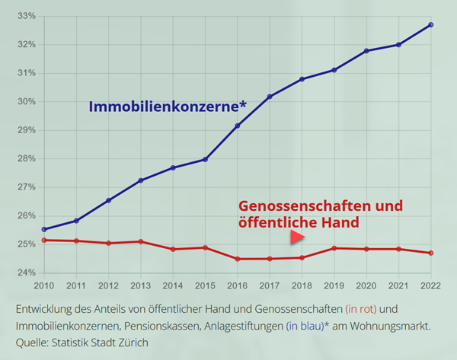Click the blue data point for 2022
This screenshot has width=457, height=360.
pyautogui.click(x=431, y=25)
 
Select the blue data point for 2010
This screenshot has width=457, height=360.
pyautogui.click(x=44, y=229)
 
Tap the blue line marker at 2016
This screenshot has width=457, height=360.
pyautogui.click(x=238, y=126)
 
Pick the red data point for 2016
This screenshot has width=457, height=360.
pyautogui.click(x=238, y=259)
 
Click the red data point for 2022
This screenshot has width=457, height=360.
pyautogui.click(x=431, y=253)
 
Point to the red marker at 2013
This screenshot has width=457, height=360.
pyautogui.click(x=141, y=242)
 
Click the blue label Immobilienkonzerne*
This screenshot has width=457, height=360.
pyautogui.click(x=168, y=107)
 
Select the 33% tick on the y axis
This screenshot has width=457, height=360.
pyautogui.click(x=27, y=16)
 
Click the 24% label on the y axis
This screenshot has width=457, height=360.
pyautogui.click(x=27, y=272)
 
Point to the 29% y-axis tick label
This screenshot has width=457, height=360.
pyautogui.click(x=27, y=130)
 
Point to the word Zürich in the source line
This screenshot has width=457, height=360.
pyautogui.click(x=130, y=342)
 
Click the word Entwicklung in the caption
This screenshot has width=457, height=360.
pyautogui.click(x=48, y=310)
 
